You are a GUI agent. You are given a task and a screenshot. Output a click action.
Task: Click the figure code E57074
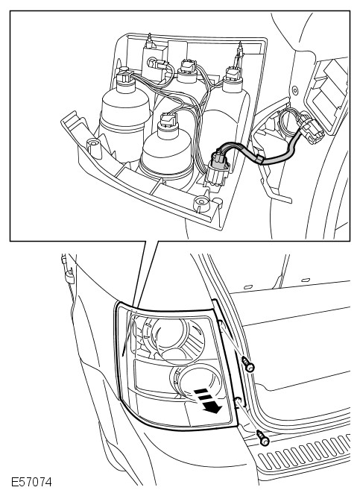coord(31,482)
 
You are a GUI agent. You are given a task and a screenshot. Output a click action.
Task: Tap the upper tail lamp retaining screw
coord(248,364)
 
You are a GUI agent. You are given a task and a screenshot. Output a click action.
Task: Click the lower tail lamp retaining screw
coord(262,438)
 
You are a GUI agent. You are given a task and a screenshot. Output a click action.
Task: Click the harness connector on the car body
coord(312,128)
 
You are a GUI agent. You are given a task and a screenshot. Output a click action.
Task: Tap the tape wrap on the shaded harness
coord(260,160)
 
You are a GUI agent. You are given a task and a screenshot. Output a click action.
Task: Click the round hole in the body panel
coord(295,91)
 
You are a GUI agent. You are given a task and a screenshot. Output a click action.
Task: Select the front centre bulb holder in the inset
coord(166,148)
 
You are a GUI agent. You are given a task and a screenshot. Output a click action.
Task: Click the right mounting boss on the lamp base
coord(202,204)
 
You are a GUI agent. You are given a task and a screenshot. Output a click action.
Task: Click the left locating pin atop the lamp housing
coord(150,40)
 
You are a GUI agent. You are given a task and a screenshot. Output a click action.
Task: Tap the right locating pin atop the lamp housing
coord(240,48)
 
